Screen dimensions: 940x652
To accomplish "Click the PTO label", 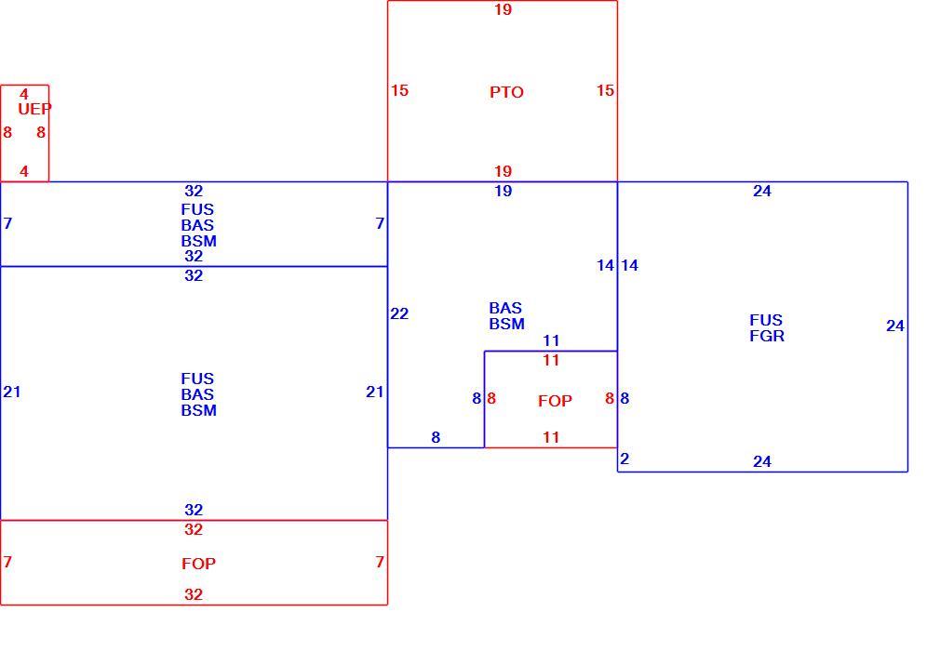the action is click(506, 92).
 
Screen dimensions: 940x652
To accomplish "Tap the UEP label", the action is click(34, 109).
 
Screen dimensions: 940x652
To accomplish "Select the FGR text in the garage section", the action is click(767, 336).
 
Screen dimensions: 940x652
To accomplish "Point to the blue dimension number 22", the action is click(399, 313).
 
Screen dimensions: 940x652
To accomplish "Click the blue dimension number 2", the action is click(624, 459).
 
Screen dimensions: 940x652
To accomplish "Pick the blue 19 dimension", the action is click(503, 192).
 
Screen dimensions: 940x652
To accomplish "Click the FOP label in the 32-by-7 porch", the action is click(198, 564).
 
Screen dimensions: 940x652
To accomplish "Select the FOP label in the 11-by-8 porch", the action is click(555, 401).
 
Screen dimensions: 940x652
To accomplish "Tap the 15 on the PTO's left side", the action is click(399, 90).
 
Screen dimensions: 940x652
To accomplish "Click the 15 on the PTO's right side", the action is click(605, 90).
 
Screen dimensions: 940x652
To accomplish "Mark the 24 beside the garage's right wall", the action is click(895, 326).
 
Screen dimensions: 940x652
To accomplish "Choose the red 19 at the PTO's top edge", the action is click(503, 9).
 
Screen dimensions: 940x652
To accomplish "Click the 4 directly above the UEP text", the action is click(24, 94).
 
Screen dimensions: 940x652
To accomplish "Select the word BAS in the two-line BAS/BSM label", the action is click(505, 308).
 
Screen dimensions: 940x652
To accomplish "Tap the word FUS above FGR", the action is click(766, 320).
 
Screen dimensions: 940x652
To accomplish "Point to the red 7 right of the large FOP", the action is click(380, 562).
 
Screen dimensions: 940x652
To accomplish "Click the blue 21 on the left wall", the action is click(12, 392).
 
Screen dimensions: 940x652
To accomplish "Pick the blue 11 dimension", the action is click(551, 341).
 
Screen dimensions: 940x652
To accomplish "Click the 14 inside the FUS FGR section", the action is click(629, 265).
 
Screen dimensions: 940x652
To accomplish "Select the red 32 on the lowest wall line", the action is click(193, 594).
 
